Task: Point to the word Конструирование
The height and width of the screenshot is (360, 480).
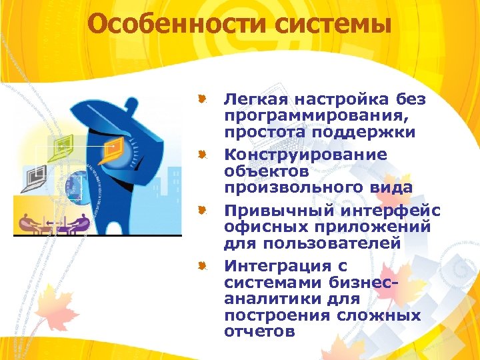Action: click(x=305, y=155)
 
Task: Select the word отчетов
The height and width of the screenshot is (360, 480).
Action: click(x=259, y=331)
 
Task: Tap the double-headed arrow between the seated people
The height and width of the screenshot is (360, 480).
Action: click(x=53, y=222)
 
